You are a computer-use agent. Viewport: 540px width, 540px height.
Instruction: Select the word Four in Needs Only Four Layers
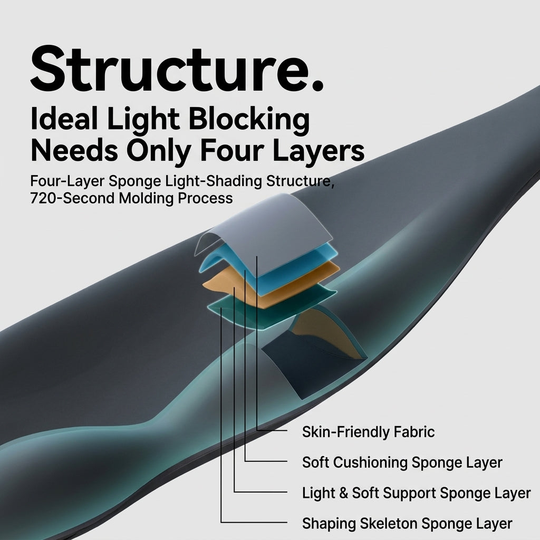(232, 151)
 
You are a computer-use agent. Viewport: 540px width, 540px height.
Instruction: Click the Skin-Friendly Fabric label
(368, 432)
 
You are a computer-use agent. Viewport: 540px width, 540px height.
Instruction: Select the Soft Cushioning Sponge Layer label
(402, 462)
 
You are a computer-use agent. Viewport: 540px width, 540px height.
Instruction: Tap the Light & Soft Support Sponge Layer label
(416, 493)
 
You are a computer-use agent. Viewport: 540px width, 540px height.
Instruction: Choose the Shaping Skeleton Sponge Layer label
(407, 524)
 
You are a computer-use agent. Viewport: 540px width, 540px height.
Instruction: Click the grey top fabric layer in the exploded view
(275, 234)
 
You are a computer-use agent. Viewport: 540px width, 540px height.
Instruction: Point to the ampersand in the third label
(343, 493)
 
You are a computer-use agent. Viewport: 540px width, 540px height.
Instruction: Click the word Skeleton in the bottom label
(389, 524)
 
